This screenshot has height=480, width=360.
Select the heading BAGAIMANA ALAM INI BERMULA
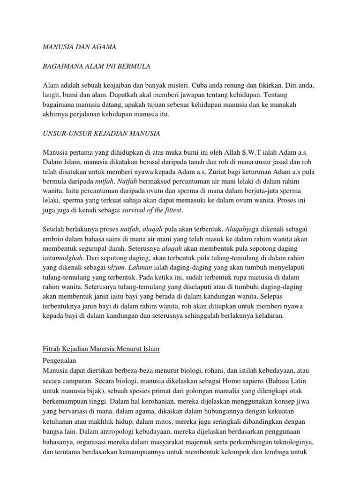[x=96, y=67]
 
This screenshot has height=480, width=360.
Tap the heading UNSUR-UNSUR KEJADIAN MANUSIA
[x=101, y=134]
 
